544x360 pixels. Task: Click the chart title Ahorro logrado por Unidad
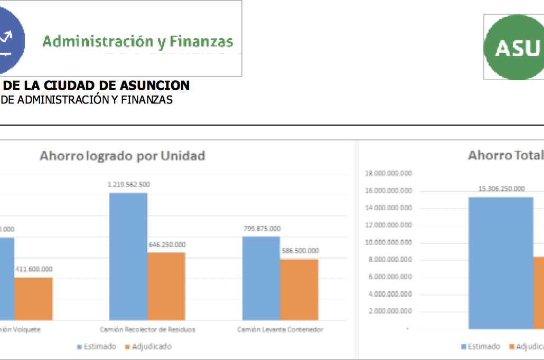coord(122,156)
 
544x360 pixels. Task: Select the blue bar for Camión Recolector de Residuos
coord(128,256)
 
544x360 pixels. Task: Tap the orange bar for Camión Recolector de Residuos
coord(166,286)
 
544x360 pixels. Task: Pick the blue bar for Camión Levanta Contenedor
coord(261,278)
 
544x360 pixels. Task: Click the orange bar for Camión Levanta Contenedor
coord(299,289)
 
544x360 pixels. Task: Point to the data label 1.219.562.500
coord(128,184)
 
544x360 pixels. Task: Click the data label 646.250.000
coord(166,244)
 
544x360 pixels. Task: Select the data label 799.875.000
coord(261,229)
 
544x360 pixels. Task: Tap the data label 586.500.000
coord(299,251)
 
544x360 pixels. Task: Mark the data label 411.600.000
coord(33,269)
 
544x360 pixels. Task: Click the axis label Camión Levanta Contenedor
coord(280,329)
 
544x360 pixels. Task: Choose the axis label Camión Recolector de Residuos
coord(147,329)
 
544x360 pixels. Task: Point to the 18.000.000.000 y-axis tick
coord(388,173)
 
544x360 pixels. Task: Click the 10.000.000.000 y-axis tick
coord(388,242)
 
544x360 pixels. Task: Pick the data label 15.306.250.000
coord(501,188)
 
